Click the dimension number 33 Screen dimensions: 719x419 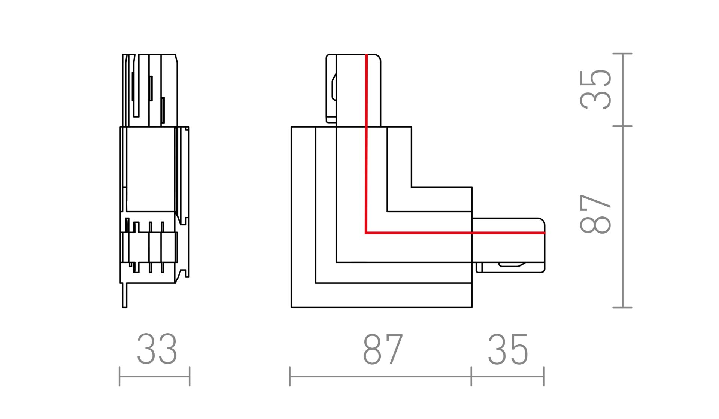(157, 349)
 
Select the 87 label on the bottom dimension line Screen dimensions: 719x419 (383, 350)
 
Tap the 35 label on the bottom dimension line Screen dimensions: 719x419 (508, 350)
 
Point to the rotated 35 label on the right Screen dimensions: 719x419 (595, 89)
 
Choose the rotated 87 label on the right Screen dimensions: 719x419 (595, 214)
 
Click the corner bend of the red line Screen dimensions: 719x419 (366, 233)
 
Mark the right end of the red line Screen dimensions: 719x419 (545, 233)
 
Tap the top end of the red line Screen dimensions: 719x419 (366, 55)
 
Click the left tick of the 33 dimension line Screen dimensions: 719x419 (119, 376)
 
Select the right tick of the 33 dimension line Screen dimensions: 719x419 (189, 376)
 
